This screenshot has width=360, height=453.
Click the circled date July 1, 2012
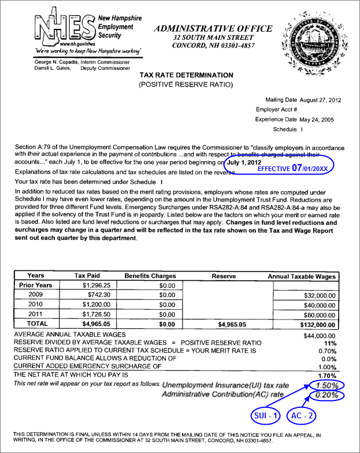click(x=247, y=163)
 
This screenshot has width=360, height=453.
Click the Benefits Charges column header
click(x=150, y=276)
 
